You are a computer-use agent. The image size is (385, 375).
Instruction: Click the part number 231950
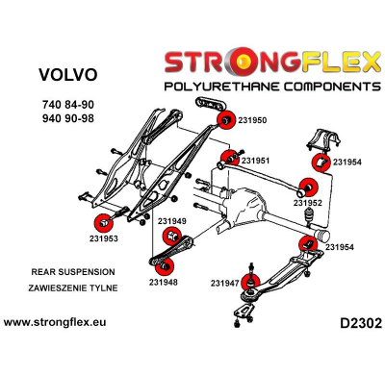click(252, 120)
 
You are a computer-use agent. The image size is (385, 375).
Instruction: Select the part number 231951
click(255, 160)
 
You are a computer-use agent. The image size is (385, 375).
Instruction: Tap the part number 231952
click(307, 203)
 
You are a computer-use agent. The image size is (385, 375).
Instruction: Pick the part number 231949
click(171, 221)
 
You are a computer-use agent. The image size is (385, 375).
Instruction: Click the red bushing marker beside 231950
click(226, 120)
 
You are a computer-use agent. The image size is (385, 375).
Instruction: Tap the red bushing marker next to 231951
click(229, 157)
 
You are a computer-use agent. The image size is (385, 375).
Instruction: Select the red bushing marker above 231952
click(309, 186)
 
